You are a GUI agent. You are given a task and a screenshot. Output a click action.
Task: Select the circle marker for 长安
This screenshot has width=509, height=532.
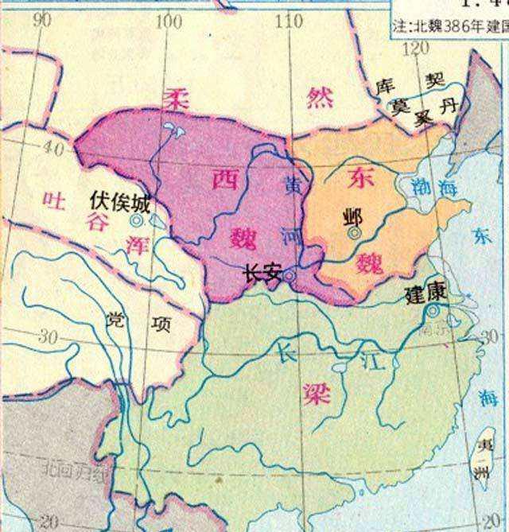click(290, 276)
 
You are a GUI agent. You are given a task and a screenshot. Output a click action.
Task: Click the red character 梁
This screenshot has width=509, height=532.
click(316, 394)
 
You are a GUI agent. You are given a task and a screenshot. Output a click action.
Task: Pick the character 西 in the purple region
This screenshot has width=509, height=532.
click(225, 180)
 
